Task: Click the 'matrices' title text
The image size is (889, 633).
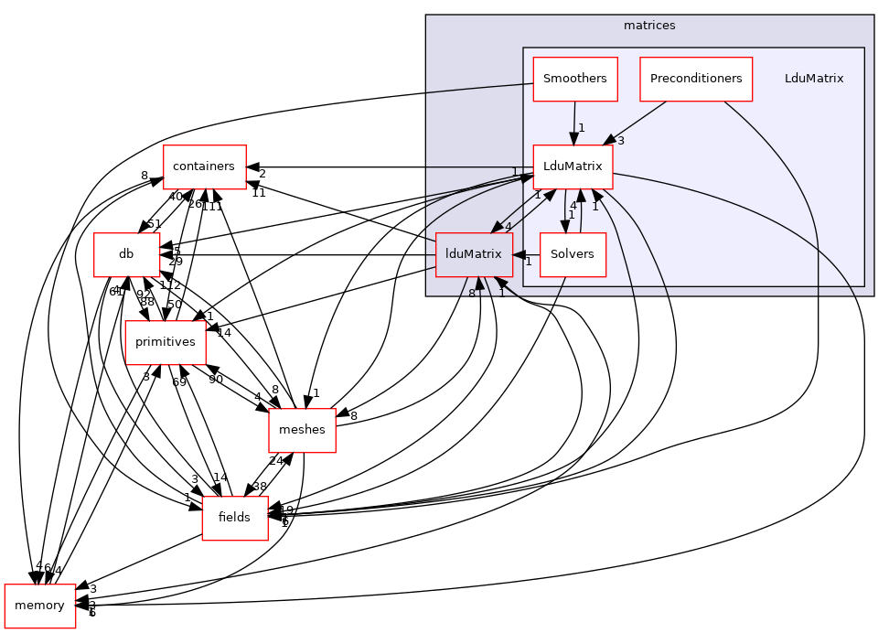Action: (648, 26)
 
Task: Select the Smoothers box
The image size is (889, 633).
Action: (574, 79)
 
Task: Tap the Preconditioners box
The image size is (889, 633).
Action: (695, 79)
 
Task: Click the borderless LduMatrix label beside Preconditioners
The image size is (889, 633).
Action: (813, 79)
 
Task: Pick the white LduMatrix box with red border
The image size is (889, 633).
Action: (573, 166)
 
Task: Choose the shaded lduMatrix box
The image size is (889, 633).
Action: (473, 254)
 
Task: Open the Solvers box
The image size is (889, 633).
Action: (573, 254)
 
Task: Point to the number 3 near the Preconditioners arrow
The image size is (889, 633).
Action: (620, 141)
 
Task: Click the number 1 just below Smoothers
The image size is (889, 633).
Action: (581, 128)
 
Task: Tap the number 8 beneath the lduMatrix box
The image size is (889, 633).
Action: (471, 294)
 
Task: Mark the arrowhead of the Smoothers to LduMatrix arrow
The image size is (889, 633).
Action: (573, 138)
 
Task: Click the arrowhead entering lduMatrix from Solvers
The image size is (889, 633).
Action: (518, 254)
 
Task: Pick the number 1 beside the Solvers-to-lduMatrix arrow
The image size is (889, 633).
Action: (528, 263)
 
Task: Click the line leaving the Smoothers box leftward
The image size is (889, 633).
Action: (476, 89)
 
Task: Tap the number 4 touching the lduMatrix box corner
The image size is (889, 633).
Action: (508, 226)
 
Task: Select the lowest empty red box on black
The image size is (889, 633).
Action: (39, 606)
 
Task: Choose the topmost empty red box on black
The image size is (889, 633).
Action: (204, 167)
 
